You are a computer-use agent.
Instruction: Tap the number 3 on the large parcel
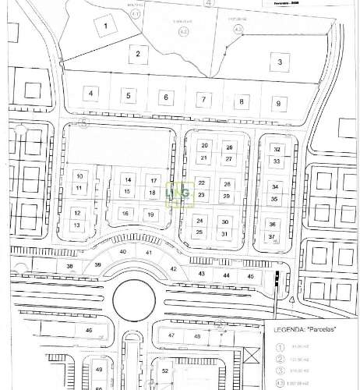[x=278, y=60]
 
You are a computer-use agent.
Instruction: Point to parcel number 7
[x=203, y=99]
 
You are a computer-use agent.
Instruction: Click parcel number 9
[x=277, y=102]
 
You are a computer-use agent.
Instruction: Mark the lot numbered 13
[x=77, y=225]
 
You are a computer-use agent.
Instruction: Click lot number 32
[x=276, y=148]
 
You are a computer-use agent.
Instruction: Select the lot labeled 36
[x=272, y=224]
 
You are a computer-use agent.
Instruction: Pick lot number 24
[x=199, y=221]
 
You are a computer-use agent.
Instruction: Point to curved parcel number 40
[x=123, y=252]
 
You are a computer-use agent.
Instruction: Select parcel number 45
[x=250, y=276]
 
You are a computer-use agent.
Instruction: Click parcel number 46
[x=89, y=331]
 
